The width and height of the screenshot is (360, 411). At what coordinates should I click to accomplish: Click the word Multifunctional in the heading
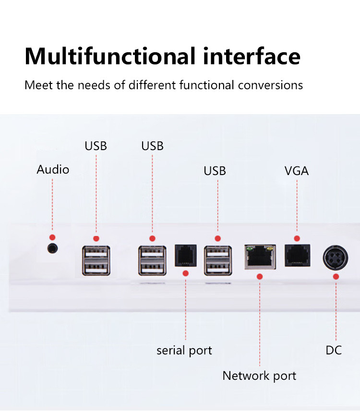pos(109,56)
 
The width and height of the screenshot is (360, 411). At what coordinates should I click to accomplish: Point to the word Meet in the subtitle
pos(37,85)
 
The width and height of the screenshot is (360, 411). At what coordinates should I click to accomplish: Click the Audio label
pos(53,169)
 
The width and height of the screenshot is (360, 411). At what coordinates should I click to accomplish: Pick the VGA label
pos(297,171)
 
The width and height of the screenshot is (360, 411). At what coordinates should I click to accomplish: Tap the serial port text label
pos(184,351)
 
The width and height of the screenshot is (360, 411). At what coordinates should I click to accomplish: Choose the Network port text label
pos(259,376)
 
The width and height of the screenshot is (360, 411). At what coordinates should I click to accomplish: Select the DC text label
pos(334,350)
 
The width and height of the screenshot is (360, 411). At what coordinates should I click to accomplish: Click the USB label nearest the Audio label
pos(96,146)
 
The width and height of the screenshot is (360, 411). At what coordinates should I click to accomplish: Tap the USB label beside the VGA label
pos(215,171)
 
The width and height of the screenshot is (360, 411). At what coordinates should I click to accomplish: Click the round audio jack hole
pos(53,248)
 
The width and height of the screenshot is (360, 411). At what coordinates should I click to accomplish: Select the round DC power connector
pos(335,259)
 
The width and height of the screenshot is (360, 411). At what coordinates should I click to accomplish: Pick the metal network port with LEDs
pos(259,257)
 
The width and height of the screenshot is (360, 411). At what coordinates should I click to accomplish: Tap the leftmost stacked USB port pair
pos(96,260)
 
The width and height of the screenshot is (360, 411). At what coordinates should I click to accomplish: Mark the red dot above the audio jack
pos(52,237)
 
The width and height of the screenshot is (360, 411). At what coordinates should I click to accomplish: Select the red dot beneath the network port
pos(259,276)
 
